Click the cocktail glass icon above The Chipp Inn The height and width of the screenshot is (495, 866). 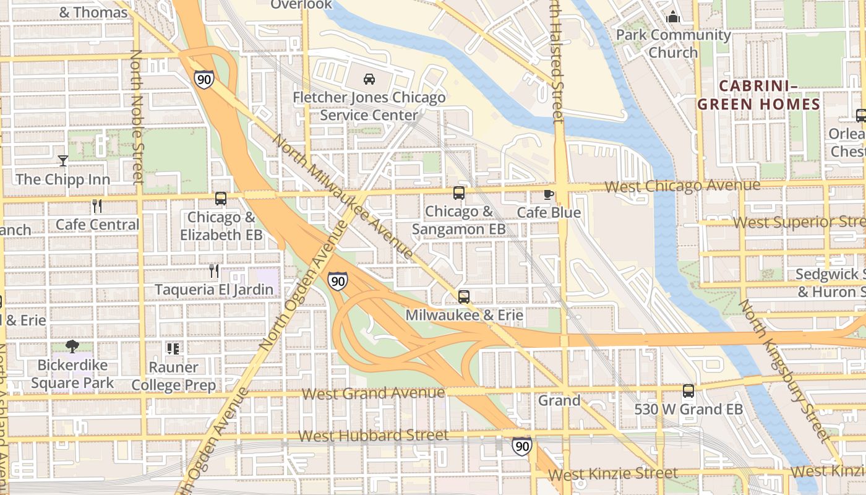62,161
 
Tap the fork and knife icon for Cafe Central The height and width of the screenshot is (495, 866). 96,205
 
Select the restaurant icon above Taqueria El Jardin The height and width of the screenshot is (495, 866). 214,270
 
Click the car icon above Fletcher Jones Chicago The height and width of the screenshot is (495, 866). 369,79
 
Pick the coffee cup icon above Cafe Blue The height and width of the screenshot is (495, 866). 548,194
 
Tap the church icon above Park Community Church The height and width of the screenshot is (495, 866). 673,17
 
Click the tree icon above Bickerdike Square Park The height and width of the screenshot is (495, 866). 72,346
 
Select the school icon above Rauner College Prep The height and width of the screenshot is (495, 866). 174,348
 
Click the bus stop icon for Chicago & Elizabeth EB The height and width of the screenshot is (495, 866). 221,199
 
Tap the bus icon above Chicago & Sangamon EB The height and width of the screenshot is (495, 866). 458,192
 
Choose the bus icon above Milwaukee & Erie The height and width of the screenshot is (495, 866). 464,296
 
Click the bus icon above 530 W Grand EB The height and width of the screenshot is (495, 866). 688,390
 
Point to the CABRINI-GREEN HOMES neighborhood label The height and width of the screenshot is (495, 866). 759,95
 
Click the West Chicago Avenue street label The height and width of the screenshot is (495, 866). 682,186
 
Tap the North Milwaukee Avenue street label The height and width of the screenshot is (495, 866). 343,196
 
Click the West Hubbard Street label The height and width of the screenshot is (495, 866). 374,436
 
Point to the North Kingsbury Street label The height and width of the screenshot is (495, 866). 785,371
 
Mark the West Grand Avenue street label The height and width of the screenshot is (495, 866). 374,394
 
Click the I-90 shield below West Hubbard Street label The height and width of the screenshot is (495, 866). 521,446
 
